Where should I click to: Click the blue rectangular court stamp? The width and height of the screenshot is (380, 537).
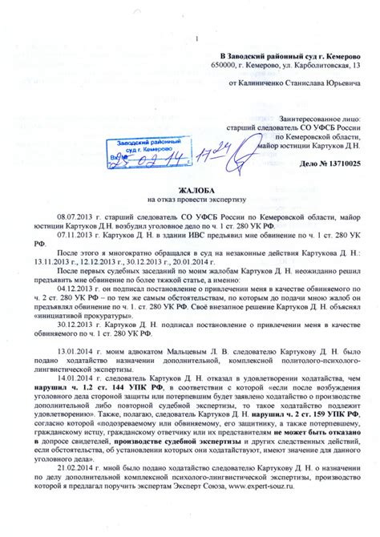click(x=139, y=148)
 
